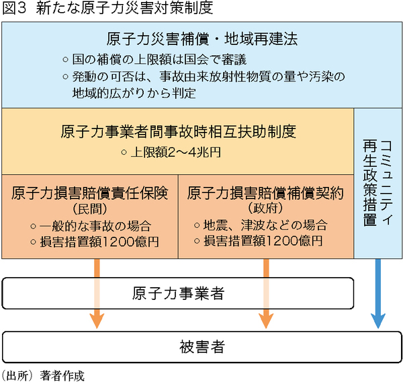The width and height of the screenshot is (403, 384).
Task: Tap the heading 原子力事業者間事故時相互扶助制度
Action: point(178,130)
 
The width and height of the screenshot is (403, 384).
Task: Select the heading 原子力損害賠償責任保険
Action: point(89,194)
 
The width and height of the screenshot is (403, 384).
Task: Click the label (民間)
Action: point(89,208)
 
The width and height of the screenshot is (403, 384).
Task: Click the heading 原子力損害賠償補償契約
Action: point(266,194)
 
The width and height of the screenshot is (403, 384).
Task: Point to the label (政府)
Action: point(266,208)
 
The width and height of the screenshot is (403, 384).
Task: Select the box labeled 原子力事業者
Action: point(178,294)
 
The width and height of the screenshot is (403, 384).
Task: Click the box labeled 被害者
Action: point(202,347)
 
